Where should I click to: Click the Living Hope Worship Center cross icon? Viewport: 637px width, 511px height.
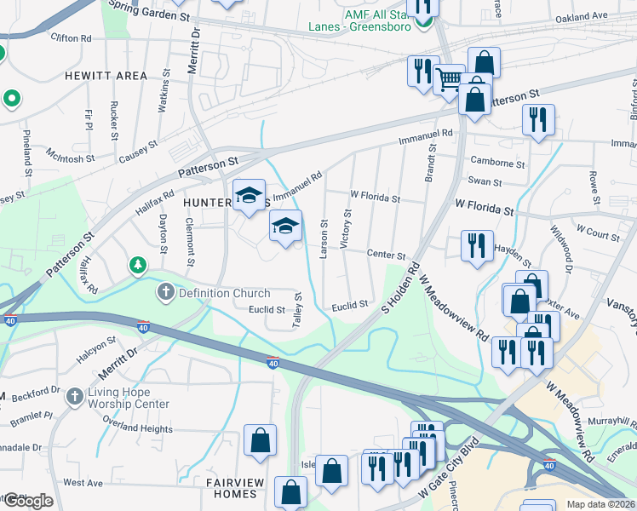[75, 396]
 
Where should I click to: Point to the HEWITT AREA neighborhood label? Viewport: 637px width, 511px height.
[106, 76]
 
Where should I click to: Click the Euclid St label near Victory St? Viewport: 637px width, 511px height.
[349, 304]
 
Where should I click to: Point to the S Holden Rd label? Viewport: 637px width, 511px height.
[402, 286]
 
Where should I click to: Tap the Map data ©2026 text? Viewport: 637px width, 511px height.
[601, 504]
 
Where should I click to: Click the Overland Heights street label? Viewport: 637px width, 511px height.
[138, 429]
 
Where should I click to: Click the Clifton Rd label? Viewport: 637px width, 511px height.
[71, 38]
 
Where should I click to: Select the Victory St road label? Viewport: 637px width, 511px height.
[346, 229]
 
